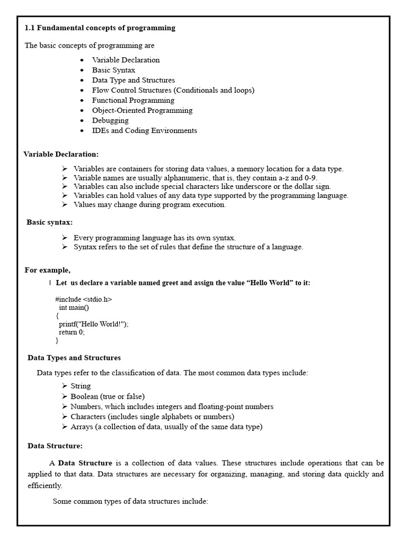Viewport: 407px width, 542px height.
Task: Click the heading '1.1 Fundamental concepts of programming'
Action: pyautogui.click(x=100, y=28)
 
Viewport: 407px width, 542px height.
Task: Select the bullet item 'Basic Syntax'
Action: pyautogui.click(x=113, y=70)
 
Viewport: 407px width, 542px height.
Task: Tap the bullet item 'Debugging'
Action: pyautogui.click(x=110, y=120)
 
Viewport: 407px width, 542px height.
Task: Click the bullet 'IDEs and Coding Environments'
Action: pyautogui.click(x=144, y=130)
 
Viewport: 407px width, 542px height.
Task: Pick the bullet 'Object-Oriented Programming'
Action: pyautogui.click(x=142, y=110)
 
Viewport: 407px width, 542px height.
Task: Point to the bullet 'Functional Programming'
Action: pyautogui.click(x=133, y=100)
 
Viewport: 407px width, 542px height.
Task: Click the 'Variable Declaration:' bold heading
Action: pyautogui.click(x=61, y=154)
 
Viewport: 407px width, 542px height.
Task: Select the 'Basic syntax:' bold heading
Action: pyautogui.click(x=50, y=222)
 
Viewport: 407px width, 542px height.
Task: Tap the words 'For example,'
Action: pyautogui.click(x=48, y=270)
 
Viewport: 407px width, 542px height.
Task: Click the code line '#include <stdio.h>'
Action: pyautogui.click(x=83, y=299)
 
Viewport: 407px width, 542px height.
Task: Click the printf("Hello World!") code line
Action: pyautogui.click(x=94, y=324)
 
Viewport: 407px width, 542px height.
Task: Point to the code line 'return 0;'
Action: pyautogui.click(x=72, y=332)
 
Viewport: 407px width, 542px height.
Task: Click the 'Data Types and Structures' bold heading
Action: pyautogui.click(x=74, y=358)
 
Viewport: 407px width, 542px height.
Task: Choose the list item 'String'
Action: pyautogui.click(x=81, y=386)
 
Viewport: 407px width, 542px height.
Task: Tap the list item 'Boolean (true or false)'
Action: pyautogui.click(x=108, y=396)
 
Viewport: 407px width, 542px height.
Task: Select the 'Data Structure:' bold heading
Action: pyautogui.click(x=55, y=446)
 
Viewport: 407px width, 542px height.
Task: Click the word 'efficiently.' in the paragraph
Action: pyautogui.click(x=45, y=485)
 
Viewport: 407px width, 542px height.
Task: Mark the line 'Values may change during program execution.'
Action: pyautogui.click(x=149, y=205)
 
